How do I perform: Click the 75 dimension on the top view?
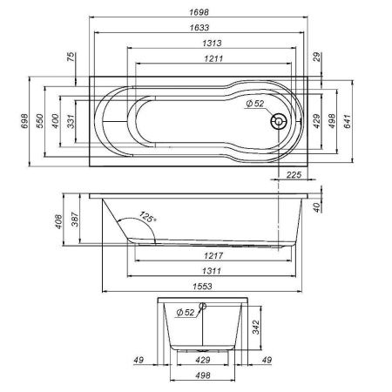point(70,58)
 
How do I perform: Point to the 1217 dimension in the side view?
point(200,255)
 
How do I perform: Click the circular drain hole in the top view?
point(279,123)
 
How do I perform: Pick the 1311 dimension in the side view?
point(200,271)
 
